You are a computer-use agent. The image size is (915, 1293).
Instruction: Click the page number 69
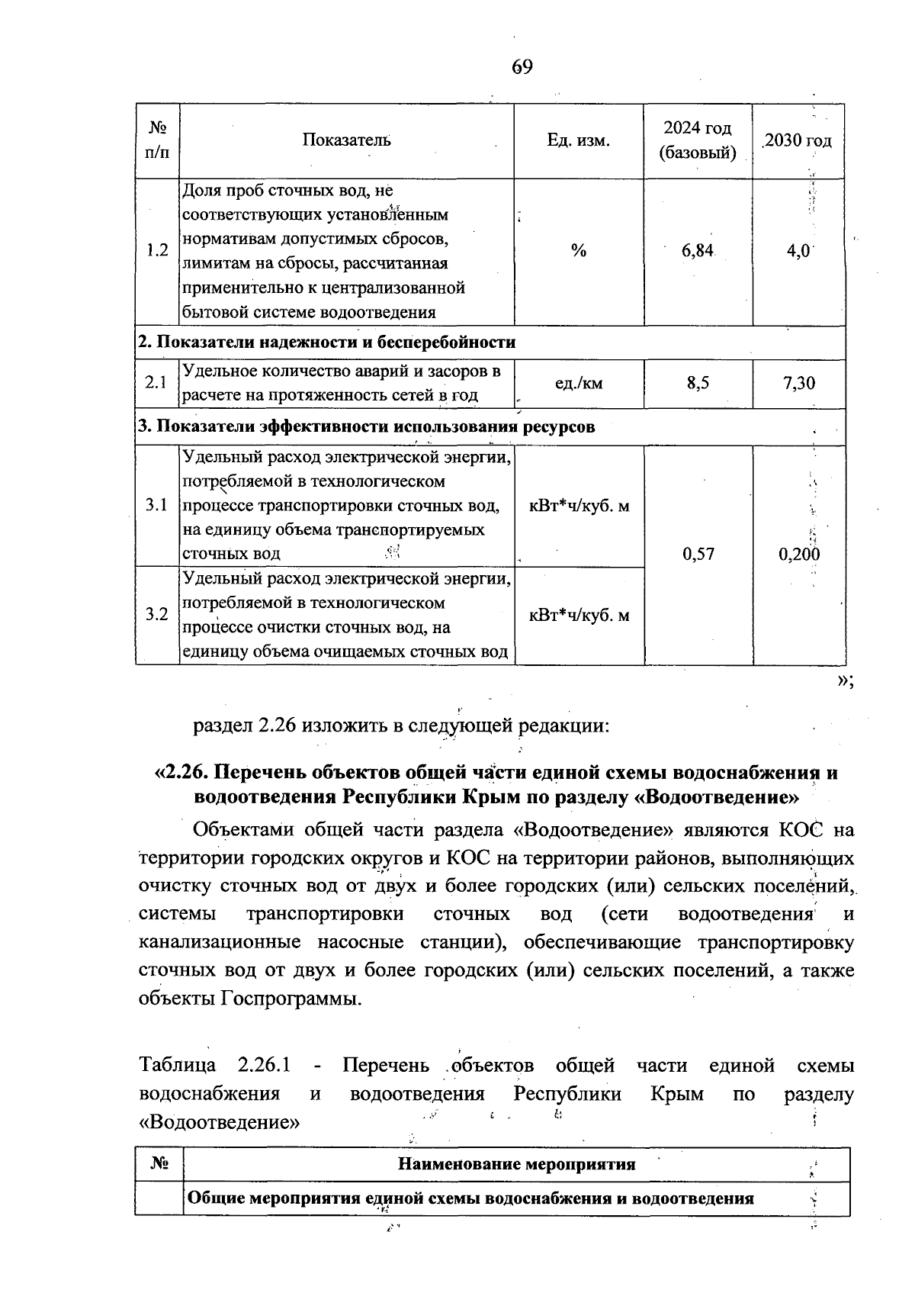[x=522, y=67]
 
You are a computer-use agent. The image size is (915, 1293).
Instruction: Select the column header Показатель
[x=347, y=140]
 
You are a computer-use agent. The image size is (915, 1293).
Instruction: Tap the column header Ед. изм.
[x=579, y=140]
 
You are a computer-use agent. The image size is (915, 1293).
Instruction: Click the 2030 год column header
[x=798, y=140]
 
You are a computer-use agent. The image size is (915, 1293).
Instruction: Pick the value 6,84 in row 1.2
[x=698, y=251]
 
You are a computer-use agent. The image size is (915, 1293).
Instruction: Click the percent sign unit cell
[x=579, y=251]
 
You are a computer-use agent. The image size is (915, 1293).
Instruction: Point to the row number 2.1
[x=156, y=383]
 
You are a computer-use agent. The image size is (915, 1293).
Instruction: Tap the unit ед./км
[x=579, y=383]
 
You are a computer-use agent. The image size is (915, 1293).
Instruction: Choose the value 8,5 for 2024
[x=698, y=383]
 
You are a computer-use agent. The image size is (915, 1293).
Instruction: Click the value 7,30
[x=798, y=383]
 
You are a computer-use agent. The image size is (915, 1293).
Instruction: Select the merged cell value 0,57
[x=698, y=554]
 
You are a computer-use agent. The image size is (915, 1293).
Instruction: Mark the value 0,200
[x=798, y=554]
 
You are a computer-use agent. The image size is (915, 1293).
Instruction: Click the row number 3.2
[x=156, y=614]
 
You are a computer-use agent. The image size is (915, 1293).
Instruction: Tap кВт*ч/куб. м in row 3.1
[x=579, y=505]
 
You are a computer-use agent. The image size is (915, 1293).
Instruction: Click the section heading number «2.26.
[x=181, y=772]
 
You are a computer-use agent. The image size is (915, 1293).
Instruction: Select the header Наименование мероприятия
[x=516, y=1164]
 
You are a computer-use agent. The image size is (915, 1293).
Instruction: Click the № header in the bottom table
[x=159, y=1164]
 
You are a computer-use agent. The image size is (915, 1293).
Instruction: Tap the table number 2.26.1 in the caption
[x=268, y=1066]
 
